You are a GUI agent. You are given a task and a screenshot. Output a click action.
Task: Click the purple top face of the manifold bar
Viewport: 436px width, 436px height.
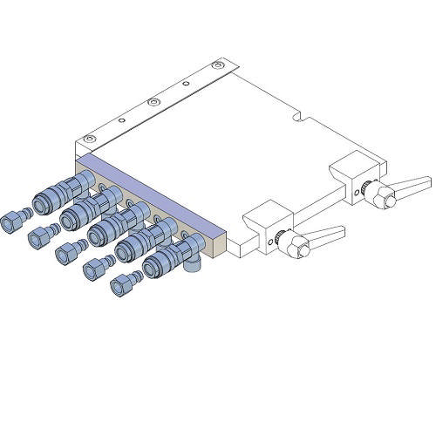(148, 192)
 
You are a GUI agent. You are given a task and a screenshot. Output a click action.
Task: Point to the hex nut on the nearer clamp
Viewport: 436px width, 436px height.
(299, 249)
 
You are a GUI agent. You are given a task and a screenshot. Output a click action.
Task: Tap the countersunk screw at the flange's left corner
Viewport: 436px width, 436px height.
(89, 140)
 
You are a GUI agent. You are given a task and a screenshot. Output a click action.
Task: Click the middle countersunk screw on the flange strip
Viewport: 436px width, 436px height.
(154, 102)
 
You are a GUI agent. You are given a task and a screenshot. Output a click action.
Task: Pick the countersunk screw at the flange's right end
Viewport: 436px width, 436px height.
(219, 67)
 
